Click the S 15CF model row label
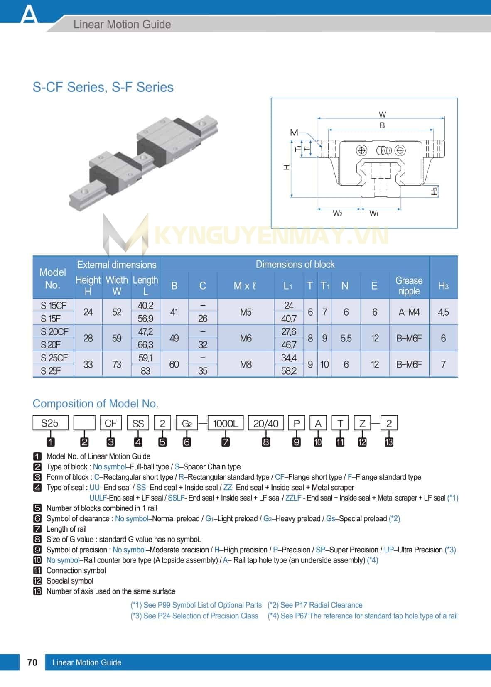coord(54,306)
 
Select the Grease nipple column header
coord(408,286)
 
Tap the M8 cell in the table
coord(245,364)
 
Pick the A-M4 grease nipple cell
coord(409,312)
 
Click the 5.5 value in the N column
coord(346,339)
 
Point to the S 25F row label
coord(51,371)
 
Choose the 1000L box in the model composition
coord(225,423)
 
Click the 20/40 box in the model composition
coord(266,423)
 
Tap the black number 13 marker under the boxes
coord(389,442)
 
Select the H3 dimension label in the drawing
coord(435,191)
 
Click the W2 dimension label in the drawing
coord(337,213)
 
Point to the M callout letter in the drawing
coord(294,132)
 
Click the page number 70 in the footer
coord(32,662)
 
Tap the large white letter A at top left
coord(29,15)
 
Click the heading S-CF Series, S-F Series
coord(103,87)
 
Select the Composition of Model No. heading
coord(96,404)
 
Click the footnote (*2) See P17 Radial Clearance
coord(315,605)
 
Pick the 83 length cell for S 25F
coord(145,371)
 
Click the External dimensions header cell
coord(117,265)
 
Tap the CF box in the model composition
coord(110,423)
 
